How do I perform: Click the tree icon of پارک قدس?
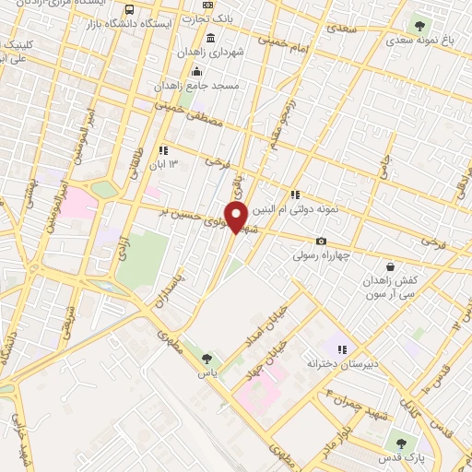click(400, 440)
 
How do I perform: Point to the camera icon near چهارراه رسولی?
click(321, 242)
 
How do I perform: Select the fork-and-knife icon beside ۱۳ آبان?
click(163, 150)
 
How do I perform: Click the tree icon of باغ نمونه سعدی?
click(420, 25)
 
